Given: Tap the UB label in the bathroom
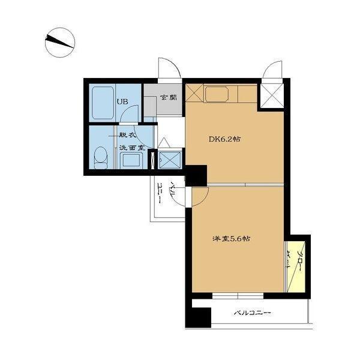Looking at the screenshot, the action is (x=122, y=101).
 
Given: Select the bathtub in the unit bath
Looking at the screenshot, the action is (x=103, y=103).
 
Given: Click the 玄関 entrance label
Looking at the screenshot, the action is (x=169, y=97).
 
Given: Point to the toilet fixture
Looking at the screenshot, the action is (x=101, y=158).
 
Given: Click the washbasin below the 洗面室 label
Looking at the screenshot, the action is (x=131, y=160).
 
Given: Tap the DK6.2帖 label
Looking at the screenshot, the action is (x=224, y=139).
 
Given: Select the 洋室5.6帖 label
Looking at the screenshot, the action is (x=231, y=239).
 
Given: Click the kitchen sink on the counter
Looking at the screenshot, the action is (x=217, y=94).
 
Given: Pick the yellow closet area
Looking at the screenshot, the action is (x=296, y=267).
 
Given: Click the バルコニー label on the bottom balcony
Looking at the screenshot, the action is (x=253, y=313).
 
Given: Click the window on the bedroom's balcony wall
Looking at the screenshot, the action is (x=238, y=296).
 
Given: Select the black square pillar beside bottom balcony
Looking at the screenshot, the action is (x=199, y=317).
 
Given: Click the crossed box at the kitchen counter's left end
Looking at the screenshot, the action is (x=194, y=93).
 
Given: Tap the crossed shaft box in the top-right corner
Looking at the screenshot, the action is (x=272, y=95).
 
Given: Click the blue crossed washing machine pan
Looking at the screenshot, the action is (x=170, y=160).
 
